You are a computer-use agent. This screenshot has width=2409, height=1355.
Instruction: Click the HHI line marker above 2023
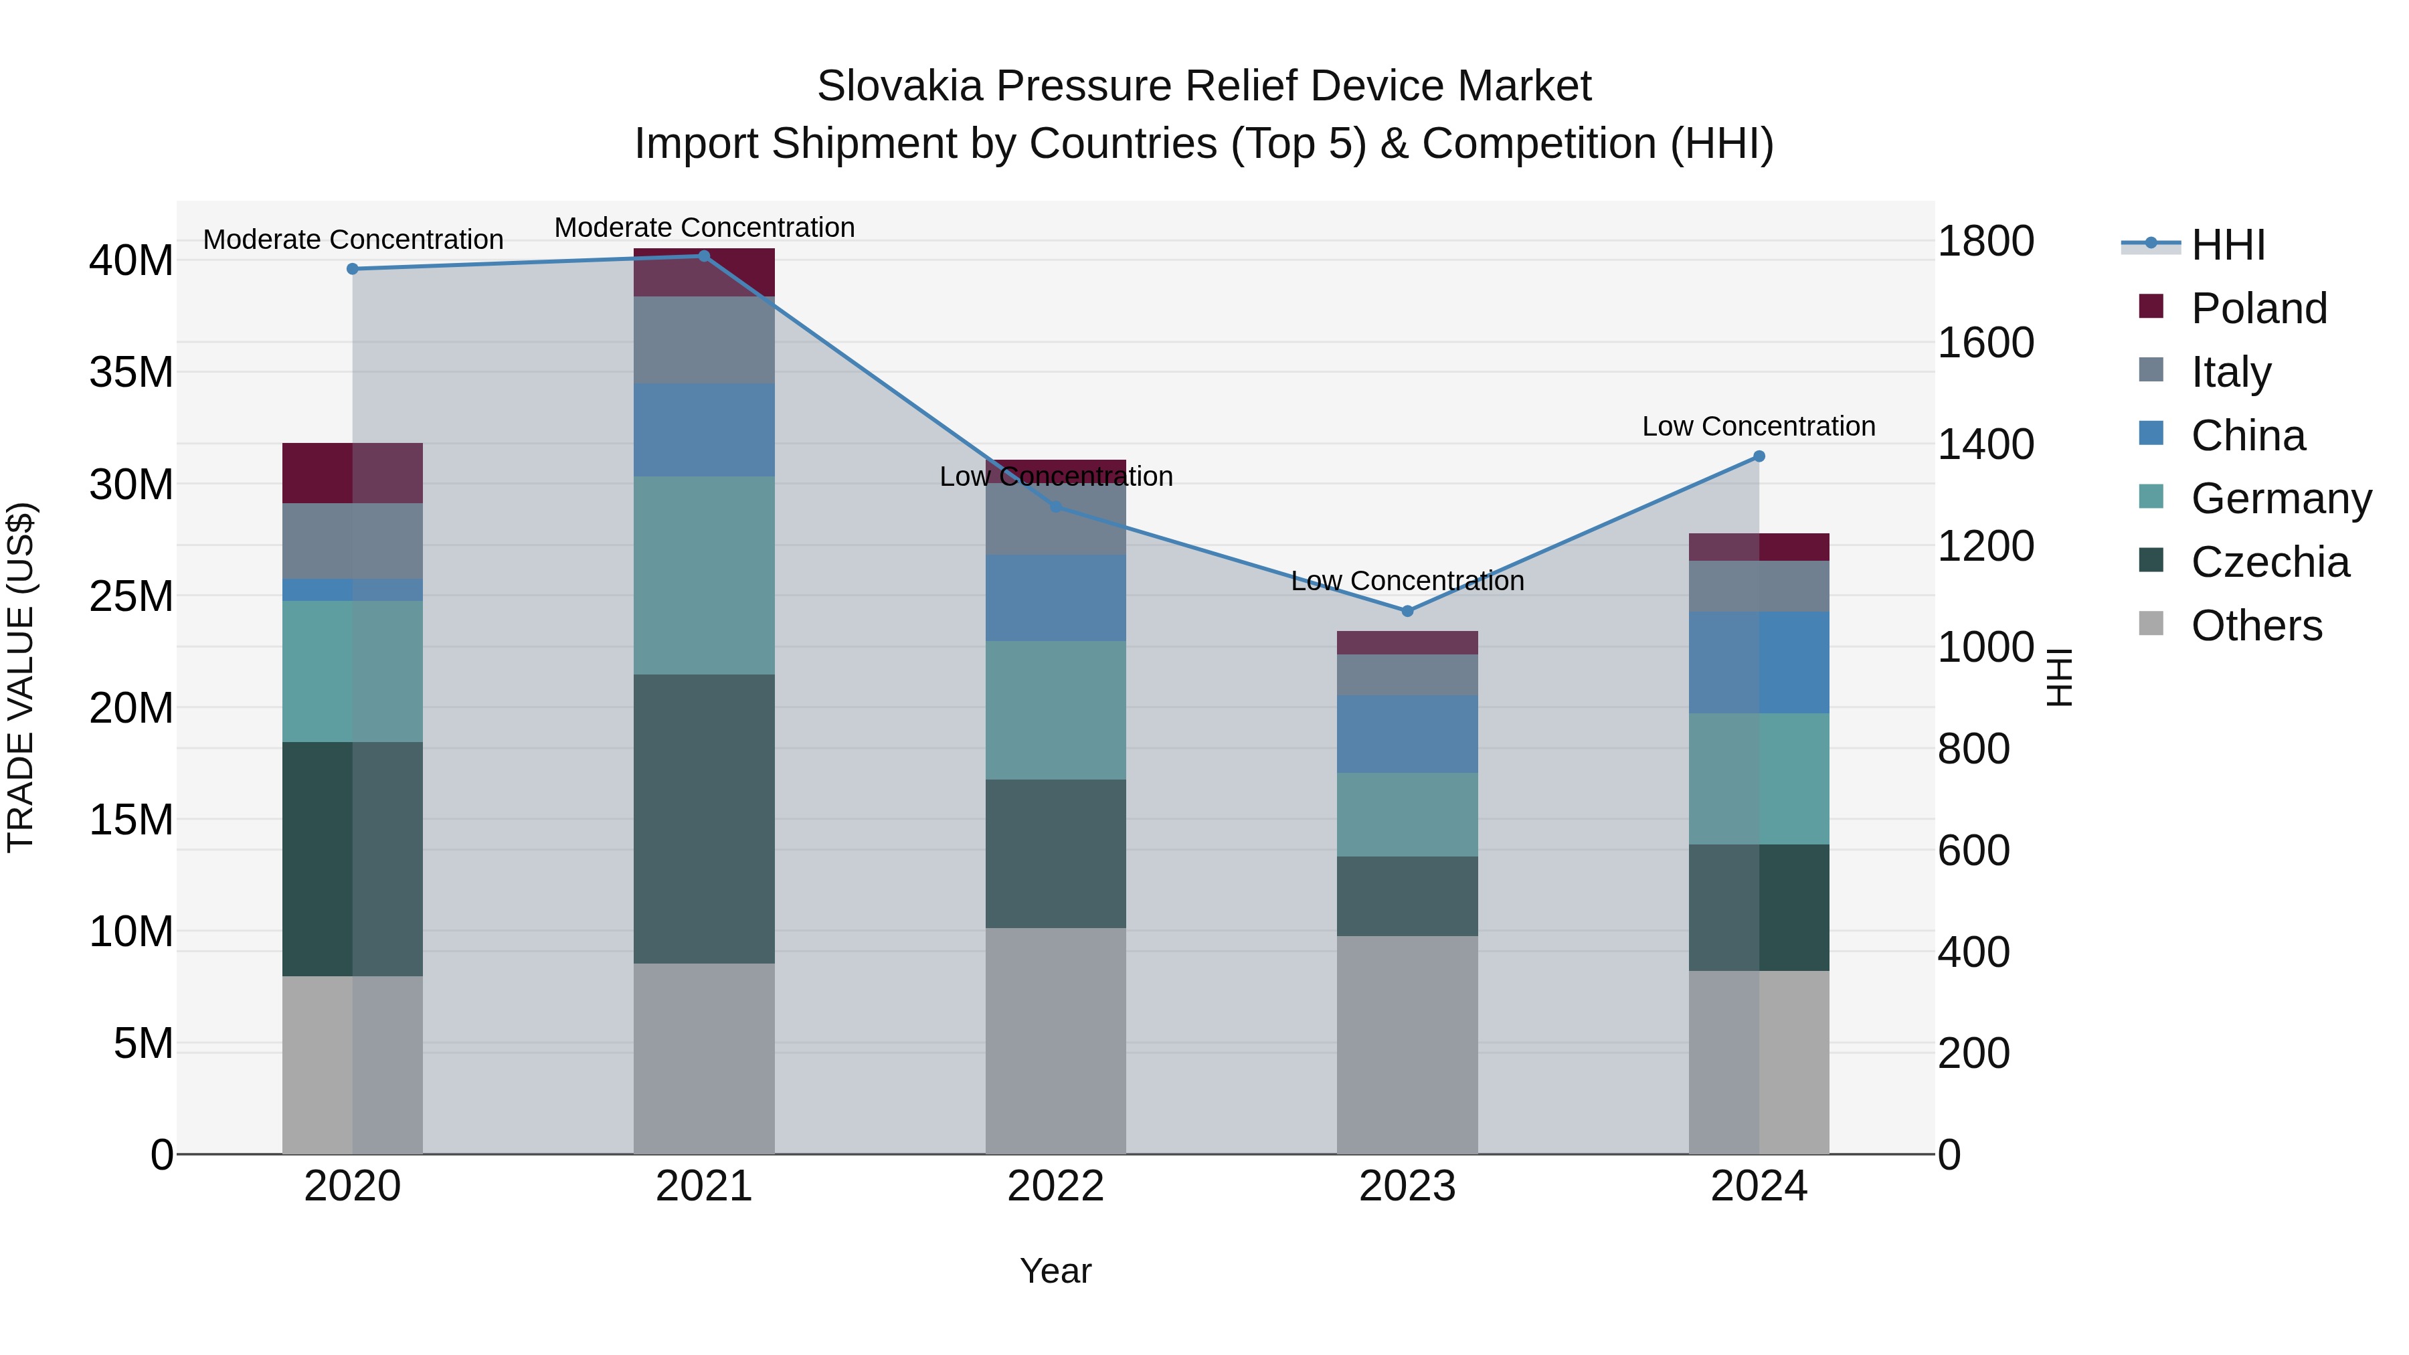1407,611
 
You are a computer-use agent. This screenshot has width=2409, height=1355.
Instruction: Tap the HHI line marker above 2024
1759,456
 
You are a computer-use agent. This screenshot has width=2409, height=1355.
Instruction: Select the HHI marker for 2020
353,269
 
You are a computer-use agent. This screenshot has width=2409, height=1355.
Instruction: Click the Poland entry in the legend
2258,308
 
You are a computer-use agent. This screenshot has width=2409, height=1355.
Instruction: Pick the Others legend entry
2256,626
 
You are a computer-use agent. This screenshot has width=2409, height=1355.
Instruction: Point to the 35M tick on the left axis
131,372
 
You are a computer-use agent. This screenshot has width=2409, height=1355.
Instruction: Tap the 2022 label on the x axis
1056,1186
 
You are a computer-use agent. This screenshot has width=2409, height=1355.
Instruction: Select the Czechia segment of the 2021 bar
704,818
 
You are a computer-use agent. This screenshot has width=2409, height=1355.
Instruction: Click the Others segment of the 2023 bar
1407,1045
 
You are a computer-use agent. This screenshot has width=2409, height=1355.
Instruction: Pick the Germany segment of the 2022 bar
1056,710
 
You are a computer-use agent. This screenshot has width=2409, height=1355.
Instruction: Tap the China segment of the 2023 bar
1407,734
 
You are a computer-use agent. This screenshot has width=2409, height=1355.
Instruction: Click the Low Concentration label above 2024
1758,426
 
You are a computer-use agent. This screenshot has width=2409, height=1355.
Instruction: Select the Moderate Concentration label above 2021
704,228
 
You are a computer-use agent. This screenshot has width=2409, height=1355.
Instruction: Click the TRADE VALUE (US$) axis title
21,677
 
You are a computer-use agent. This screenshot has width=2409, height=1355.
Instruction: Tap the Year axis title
1056,1271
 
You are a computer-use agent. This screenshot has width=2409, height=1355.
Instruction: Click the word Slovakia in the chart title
899,86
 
